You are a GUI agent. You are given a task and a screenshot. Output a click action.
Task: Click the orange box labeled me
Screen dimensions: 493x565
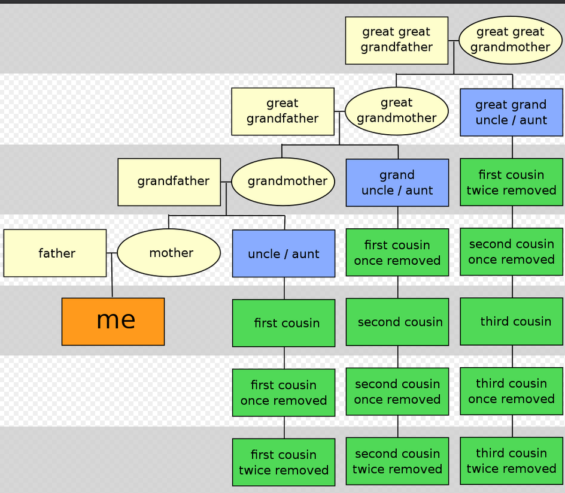[x=113, y=321]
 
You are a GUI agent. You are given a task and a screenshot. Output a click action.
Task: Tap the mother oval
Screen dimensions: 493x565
[x=169, y=253]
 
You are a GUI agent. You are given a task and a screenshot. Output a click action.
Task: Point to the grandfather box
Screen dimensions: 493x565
[x=169, y=182]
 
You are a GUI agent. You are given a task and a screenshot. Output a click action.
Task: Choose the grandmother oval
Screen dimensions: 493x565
[x=283, y=182]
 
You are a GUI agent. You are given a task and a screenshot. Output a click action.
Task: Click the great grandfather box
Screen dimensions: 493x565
[x=283, y=111]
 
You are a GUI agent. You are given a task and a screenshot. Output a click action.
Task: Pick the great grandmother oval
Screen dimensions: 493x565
[x=397, y=111]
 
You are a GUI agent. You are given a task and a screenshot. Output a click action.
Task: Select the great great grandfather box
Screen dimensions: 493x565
[x=397, y=40]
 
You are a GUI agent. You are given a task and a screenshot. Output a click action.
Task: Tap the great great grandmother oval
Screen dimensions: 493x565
[x=511, y=40]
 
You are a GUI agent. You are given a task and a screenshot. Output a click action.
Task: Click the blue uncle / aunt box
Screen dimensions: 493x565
[x=284, y=253]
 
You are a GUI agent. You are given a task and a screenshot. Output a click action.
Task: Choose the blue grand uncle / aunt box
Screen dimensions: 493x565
[x=397, y=183]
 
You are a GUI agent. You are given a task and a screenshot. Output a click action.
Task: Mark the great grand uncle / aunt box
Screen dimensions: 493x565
[x=511, y=112]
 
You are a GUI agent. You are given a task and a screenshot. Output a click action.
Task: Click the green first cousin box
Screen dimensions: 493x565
[x=284, y=323]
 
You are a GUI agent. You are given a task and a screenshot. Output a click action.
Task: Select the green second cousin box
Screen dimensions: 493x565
[x=397, y=322]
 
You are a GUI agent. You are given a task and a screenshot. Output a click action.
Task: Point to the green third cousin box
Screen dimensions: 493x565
[x=512, y=321]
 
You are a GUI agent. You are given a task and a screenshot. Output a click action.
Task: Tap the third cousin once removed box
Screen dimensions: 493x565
[x=512, y=391]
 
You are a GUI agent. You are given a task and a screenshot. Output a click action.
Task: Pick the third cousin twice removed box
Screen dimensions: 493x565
[x=512, y=461]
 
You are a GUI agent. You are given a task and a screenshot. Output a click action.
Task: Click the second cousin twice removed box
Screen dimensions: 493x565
[x=397, y=461]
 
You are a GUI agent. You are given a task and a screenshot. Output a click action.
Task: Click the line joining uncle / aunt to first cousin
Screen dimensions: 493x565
[x=284, y=288]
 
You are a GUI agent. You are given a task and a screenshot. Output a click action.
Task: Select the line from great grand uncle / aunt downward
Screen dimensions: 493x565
[x=512, y=147]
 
